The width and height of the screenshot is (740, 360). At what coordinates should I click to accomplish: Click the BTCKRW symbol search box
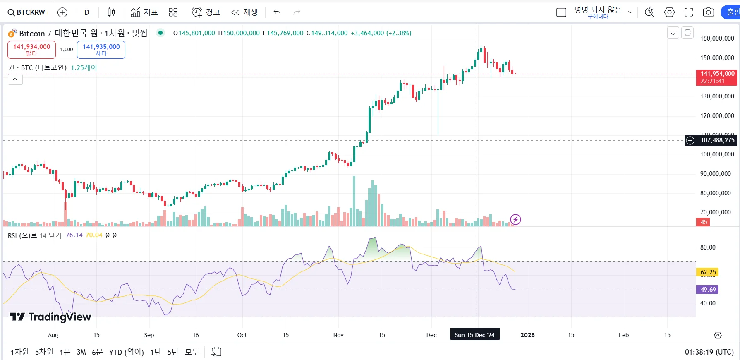(27, 12)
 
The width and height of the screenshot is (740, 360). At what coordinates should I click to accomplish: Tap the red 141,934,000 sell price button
(31, 50)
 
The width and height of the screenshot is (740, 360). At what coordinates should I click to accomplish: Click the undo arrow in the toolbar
(277, 12)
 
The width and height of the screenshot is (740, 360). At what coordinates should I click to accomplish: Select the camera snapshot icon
(708, 12)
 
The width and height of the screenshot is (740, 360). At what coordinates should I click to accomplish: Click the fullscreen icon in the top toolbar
(689, 12)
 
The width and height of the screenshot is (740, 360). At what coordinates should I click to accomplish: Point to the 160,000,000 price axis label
(717, 38)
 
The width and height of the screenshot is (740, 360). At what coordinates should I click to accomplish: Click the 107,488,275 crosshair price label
(717, 140)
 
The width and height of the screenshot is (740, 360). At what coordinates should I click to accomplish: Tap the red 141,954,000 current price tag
(717, 77)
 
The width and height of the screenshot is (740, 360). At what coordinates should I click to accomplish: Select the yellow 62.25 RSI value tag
(708, 272)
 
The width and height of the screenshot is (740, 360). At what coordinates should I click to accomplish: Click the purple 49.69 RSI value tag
(708, 290)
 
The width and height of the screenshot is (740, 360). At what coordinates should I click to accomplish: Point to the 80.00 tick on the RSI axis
(707, 247)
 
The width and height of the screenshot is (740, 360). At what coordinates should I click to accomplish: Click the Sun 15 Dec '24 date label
(474, 335)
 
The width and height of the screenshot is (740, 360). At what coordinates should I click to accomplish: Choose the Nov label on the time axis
(338, 335)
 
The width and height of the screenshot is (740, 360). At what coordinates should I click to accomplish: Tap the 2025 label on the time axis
(527, 335)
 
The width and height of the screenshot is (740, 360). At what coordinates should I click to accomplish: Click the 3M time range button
(81, 352)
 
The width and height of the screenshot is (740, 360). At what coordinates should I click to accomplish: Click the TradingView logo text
(50, 317)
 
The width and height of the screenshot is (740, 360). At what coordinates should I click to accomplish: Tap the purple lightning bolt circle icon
(515, 219)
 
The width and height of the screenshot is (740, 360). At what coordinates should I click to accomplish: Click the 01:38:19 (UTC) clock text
(709, 352)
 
